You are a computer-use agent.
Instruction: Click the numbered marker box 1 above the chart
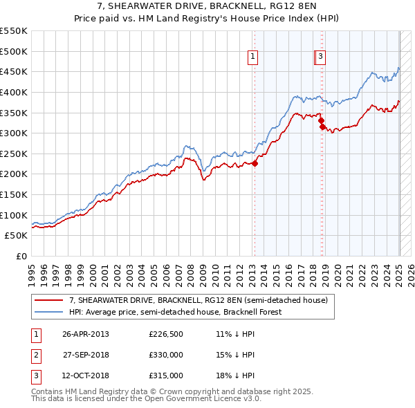(253, 57)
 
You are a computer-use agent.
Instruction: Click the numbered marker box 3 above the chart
(322, 57)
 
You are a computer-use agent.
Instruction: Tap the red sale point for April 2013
(255, 164)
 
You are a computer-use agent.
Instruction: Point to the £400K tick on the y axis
(15, 92)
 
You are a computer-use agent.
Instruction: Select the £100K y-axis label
(15, 215)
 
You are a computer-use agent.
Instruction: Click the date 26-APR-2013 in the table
(86, 334)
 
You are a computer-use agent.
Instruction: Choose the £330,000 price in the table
(166, 355)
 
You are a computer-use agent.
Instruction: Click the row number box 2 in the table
(35, 355)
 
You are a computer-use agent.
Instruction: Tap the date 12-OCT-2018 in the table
(86, 375)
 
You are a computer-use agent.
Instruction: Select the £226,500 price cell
(166, 334)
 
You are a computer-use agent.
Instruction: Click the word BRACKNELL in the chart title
(228, 8)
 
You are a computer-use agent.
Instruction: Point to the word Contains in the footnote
(49, 391)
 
